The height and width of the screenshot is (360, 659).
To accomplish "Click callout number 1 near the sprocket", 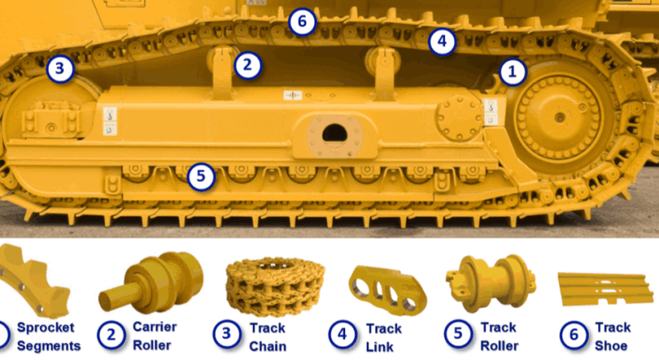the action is click(x=512, y=72).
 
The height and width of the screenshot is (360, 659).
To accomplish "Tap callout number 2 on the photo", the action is click(x=248, y=65).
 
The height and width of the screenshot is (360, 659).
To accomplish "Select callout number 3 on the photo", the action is click(x=60, y=68).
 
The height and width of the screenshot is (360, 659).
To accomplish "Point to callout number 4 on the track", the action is click(x=442, y=41).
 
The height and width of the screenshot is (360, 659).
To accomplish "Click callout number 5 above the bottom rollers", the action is click(x=201, y=176).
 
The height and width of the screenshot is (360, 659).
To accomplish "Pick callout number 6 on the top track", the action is click(x=301, y=21).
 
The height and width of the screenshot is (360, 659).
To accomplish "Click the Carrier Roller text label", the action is click(x=154, y=336).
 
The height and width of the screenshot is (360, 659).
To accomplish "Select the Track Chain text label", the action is click(x=268, y=337).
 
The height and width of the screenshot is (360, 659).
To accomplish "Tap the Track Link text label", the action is click(x=383, y=337).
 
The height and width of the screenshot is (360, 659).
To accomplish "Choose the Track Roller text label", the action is click(x=499, y=336).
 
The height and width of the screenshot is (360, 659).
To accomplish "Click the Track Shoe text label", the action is click(x=612, y=336).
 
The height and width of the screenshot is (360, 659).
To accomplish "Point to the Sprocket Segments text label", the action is click(x=49, y=336).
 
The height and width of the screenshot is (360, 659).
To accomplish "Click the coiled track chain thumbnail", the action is click(x=275, y=288).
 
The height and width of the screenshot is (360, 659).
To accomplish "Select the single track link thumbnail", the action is click(x=386, y=291).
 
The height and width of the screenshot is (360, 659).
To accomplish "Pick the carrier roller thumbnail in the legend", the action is click(x=152, y=283).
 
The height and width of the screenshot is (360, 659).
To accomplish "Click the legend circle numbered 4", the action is click(x=343, y=334).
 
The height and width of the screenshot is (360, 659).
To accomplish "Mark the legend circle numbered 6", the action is click(x=573, y=334).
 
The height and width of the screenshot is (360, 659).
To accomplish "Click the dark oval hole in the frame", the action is click(x=334, y=134).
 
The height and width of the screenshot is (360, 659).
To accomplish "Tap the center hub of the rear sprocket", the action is click(x=559, y=117).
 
